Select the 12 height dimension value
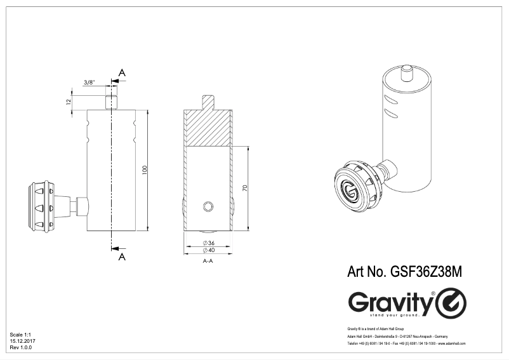[67, 102]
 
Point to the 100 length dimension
[145, 170]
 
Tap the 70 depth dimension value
[244, 189]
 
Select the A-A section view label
[208, 261]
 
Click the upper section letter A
[122, 74]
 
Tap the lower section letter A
[122, 257]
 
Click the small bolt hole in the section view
[208, 206]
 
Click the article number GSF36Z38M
[404, 271]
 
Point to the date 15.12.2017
[22, 341]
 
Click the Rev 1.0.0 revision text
[20, 348]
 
